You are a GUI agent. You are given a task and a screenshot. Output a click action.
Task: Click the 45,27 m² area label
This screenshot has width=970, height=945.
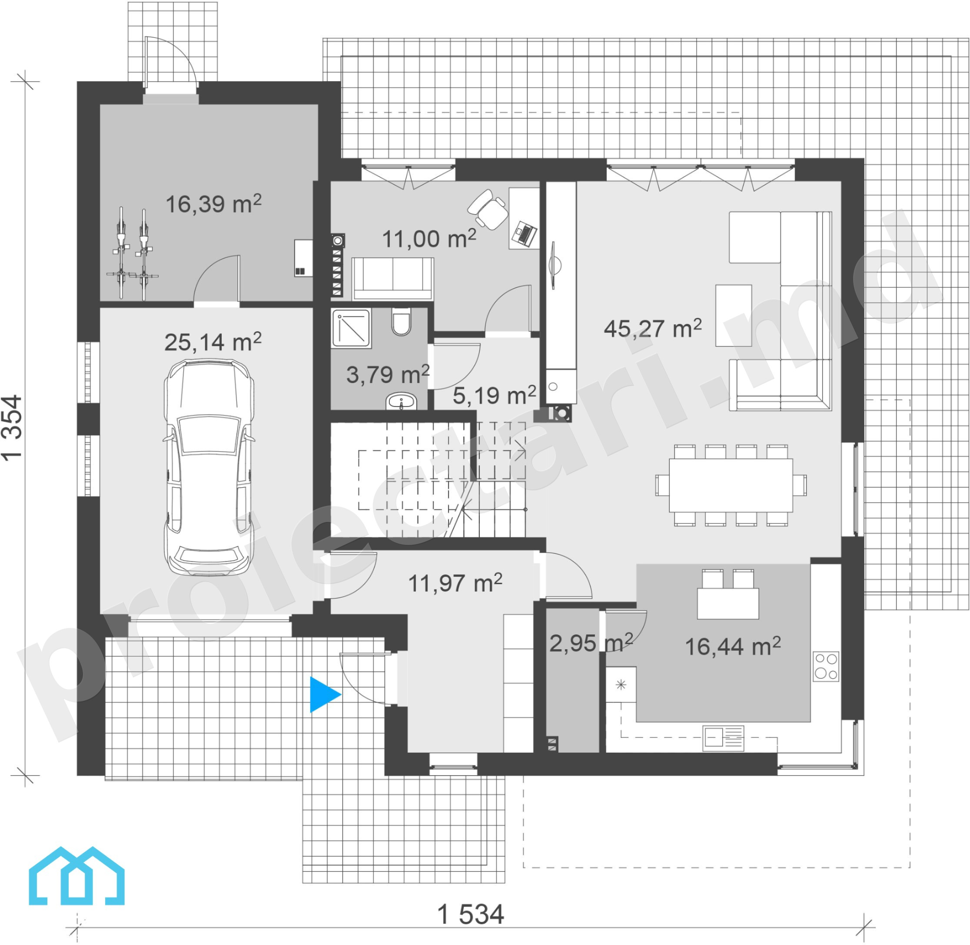(653, 328)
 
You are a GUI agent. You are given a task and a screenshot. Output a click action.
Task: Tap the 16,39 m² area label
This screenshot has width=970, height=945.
(213, 204)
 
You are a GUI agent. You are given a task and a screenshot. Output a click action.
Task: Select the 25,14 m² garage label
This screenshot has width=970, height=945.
(213, 341)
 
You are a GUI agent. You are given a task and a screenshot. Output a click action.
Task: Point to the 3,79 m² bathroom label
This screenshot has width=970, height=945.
(387, 374)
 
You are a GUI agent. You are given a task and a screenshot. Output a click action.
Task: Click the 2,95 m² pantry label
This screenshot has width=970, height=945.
(591, 643)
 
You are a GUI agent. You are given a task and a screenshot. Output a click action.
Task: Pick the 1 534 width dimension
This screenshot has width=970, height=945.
(470, 915)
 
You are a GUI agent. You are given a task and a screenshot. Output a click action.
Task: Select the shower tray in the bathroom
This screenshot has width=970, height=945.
(351, 328)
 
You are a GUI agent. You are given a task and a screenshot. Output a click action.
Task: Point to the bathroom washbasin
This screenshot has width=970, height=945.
(401, 402)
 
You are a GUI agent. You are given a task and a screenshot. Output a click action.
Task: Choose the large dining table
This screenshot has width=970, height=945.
(731, 485)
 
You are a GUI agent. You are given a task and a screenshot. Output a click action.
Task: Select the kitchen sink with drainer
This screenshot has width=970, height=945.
(724, 737)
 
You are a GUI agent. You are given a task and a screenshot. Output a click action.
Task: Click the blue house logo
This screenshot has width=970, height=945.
(76, 876)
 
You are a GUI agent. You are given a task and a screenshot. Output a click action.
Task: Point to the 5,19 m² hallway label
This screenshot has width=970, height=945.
(494, 395)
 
